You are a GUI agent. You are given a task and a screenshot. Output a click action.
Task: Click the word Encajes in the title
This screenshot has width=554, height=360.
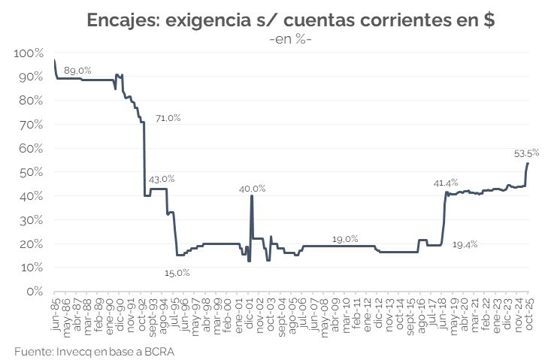(123, 20)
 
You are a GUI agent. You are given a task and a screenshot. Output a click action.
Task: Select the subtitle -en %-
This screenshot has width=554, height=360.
(289, 39)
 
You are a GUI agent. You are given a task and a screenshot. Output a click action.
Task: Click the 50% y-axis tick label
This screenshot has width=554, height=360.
(32, 172)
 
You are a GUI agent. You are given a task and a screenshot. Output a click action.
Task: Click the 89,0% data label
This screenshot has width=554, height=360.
(77, 70)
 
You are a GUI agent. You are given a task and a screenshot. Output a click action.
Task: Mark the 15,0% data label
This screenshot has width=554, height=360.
(177, 272)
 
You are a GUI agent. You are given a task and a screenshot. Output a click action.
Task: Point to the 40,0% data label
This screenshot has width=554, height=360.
(253, 188)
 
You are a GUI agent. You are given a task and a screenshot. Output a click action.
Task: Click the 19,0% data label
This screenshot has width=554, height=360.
(345, 239)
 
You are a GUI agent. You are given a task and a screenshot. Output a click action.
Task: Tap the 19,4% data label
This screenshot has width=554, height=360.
(465, 244)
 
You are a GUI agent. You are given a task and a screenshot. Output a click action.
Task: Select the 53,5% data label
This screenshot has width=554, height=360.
(526, 153)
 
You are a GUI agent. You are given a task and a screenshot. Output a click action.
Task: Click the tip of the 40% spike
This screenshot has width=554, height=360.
(251, 196)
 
